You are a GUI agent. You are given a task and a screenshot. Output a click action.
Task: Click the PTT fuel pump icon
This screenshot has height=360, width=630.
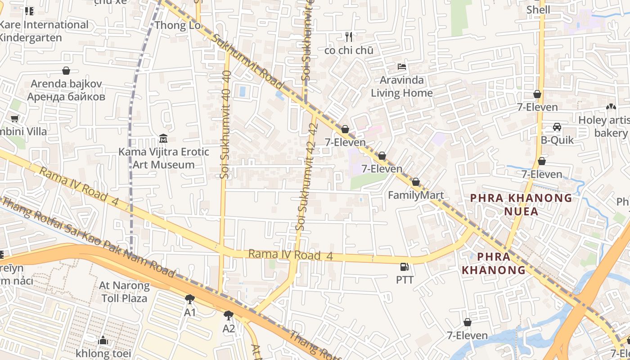[405, 267]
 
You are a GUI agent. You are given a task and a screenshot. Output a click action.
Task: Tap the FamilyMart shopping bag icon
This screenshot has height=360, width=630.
[416, 182]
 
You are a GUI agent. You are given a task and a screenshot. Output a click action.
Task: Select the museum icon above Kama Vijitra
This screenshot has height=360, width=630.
[163, 138]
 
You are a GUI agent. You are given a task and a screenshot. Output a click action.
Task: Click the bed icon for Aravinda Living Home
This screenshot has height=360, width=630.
[402, 67]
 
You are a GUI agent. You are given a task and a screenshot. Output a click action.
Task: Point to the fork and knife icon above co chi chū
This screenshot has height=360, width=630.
[349, 36]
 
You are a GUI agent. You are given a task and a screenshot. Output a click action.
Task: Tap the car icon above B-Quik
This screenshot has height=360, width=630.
[557, 127]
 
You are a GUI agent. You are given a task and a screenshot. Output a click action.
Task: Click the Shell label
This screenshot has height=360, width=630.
[538, 9]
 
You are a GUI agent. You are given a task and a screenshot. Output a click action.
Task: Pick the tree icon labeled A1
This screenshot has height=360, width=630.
[190, 299]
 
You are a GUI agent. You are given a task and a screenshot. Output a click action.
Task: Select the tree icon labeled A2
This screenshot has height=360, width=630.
[229, 315]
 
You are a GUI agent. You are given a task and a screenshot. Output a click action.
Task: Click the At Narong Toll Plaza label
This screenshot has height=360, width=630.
[124, 292]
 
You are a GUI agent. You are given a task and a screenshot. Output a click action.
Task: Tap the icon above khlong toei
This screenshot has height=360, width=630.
[103, 340]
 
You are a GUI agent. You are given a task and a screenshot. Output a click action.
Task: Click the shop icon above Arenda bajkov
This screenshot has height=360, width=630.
[66, 71]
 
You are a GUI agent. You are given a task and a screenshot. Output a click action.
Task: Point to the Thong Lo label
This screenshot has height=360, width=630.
[177, 25]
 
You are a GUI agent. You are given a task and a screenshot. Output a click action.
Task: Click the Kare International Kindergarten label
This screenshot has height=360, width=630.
[44, 31]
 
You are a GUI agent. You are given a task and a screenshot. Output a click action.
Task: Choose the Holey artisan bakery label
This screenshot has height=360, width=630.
[605, 126]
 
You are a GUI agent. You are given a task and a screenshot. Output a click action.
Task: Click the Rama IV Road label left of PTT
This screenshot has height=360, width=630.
[290, 255]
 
